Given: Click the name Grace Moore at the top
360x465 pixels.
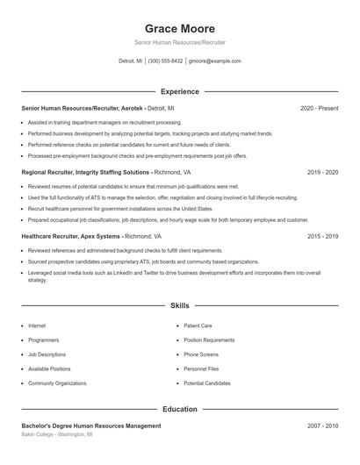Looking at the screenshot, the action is tap(179, 28).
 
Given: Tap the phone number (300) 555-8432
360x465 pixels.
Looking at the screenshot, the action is tap(165, 61).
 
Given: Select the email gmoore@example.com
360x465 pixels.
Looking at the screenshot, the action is tap(214, 61).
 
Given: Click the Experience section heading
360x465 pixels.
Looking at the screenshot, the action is tap(179, 91).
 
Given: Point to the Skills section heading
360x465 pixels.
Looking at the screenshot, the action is tap(179, 306).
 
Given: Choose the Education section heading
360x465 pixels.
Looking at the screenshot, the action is tap(179, 409).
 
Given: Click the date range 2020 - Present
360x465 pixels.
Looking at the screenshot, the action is tap(319, 108).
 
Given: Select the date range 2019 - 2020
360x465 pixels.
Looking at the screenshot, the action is tap(323, 173).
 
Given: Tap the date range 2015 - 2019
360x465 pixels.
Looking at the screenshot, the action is tap(323, 237).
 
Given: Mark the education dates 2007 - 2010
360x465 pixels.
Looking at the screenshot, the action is tap(323, 426).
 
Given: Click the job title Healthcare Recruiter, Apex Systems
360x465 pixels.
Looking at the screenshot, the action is tap(71, 237).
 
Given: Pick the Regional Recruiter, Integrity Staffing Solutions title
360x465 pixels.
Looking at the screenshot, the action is tap(85, 173).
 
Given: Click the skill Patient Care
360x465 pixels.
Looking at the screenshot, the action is tap(198, 325).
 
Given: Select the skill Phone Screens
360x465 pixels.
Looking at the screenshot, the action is tap(201, 354).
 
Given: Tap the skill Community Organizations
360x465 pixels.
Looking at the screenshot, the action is tap(57, 383).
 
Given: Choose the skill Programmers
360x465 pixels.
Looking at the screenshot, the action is tap(44, 340).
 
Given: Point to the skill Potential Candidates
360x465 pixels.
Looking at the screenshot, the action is tap(207, 383).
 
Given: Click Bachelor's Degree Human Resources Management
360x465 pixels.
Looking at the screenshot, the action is tap(91, 426).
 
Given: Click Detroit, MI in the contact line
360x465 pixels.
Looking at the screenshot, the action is tap(130, 61).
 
